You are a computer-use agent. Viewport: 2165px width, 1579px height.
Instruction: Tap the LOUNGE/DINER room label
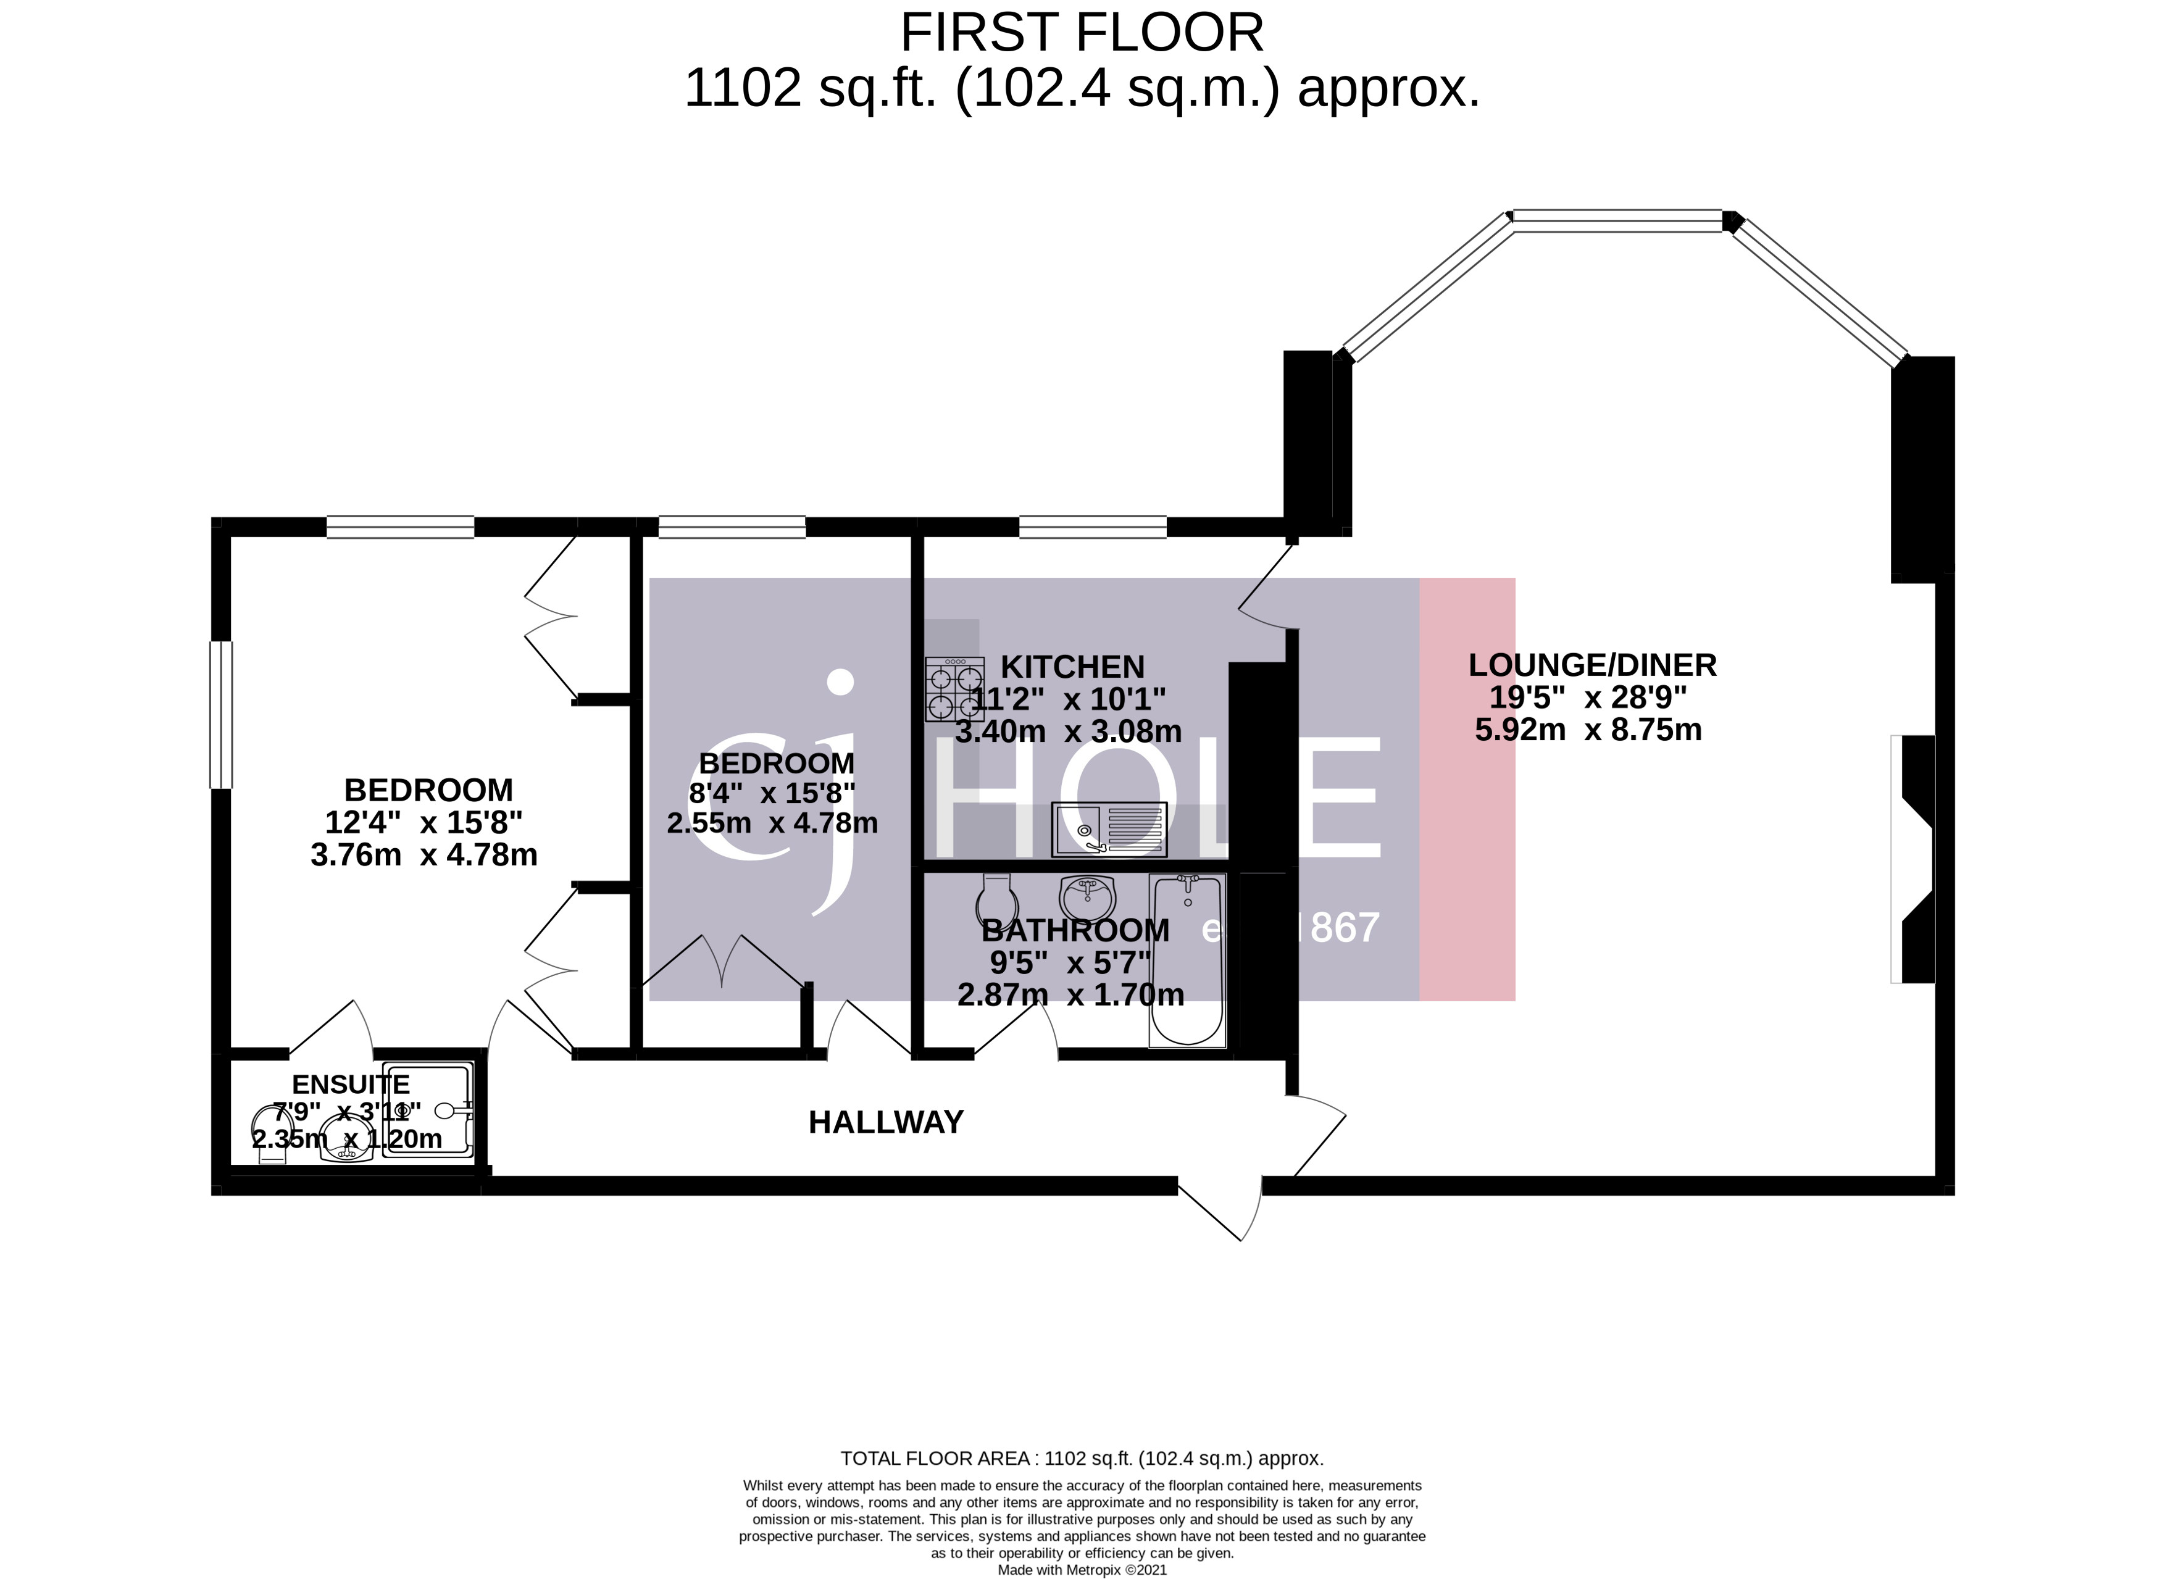click(1591, 665)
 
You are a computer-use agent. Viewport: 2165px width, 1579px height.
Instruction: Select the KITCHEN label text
click(1072, 667)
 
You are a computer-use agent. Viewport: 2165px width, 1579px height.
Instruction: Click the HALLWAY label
click(885, 1122)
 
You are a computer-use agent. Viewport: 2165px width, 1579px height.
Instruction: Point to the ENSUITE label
click(350, 1084)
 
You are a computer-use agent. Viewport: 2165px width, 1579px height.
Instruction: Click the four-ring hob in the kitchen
click(954, 689)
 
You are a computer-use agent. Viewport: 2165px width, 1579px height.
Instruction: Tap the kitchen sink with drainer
click(1109, 828)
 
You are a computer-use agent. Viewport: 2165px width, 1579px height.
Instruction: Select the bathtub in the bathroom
click(1187, 960)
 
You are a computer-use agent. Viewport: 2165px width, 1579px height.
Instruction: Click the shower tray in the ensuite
click(428, 1110)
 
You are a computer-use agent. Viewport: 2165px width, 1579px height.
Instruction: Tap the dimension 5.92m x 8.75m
click(1588, 730)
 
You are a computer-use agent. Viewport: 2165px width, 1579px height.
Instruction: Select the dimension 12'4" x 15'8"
click(423, 823)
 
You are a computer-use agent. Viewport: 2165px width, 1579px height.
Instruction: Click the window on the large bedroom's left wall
click(221, 715)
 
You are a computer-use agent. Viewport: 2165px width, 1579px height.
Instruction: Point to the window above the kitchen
click(1093, 527)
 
